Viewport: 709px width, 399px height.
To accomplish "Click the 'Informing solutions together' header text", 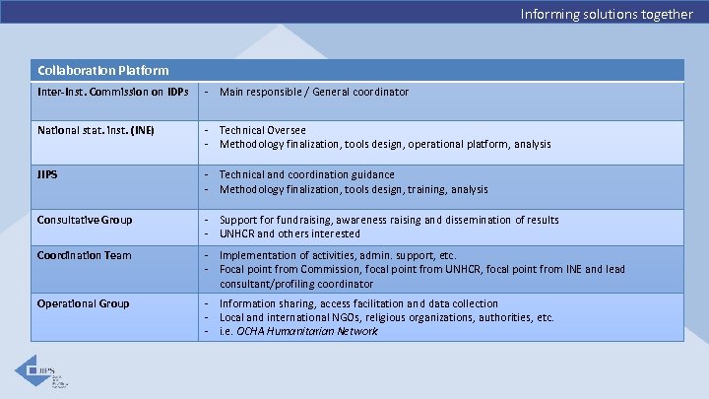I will coord(607,14).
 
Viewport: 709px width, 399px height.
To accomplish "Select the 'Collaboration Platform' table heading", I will coord(102,71).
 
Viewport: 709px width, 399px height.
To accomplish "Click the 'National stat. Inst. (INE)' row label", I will coord(96,130).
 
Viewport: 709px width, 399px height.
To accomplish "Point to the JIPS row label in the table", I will coord(47,174).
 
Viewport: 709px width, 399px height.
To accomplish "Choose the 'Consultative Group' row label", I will coord(85,220).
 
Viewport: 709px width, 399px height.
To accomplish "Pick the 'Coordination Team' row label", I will coord(84,255).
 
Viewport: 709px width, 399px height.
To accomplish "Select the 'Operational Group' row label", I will coord(83,303).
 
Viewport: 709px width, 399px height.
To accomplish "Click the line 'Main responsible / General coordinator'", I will coord(313,93).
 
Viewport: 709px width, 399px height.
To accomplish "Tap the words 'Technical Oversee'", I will coord(262,130).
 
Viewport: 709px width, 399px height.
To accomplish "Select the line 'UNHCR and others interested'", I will coord(290,233).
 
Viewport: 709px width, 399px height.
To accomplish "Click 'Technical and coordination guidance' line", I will coord(306,174).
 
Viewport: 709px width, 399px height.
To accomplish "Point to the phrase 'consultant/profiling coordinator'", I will coord(290,283).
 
